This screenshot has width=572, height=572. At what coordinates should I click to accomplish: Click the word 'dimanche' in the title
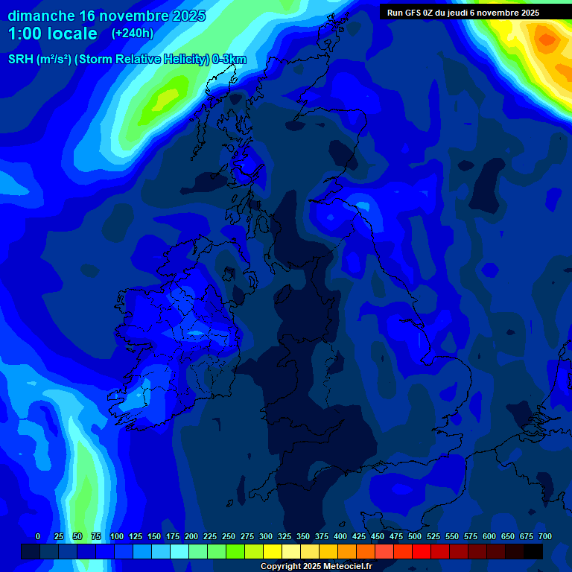41,16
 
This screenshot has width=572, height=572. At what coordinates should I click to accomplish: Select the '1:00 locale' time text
52,34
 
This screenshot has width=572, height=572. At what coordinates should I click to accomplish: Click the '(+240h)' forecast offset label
133,34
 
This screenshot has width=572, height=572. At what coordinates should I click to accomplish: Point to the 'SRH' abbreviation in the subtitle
21,60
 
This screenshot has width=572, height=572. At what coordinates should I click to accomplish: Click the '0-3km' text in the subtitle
229,60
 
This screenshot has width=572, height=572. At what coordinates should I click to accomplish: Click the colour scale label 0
38,536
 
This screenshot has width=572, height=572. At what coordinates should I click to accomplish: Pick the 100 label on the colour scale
117,536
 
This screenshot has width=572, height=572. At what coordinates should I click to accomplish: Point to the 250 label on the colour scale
229,536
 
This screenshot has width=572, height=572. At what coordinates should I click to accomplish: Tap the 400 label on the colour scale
340,536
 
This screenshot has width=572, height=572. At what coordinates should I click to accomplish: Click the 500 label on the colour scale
415,536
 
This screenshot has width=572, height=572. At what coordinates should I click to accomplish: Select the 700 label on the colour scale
545,536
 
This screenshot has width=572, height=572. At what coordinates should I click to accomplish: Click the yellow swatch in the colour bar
273,551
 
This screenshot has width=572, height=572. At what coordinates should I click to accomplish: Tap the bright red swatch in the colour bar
422,551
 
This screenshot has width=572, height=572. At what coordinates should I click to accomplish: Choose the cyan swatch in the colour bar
179,551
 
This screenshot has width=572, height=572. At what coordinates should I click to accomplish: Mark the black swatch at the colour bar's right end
533,551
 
